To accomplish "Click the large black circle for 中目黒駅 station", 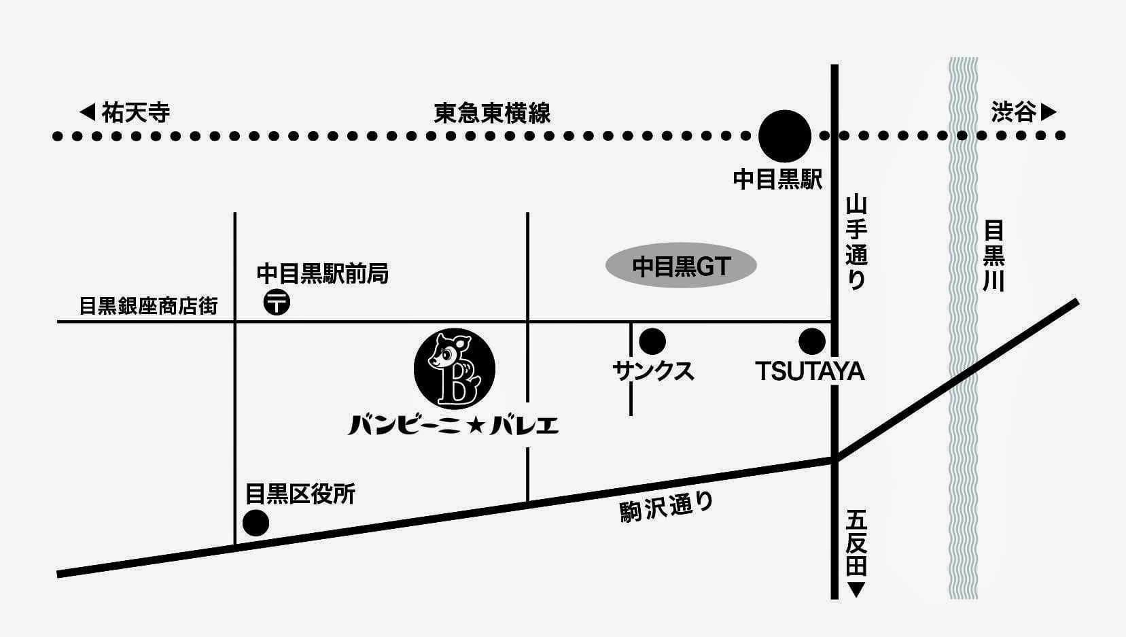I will (x=784, y=136).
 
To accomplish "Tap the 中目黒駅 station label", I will (x=777, y=179).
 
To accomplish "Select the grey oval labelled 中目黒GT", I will (x=681, y=266).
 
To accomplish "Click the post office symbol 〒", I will (x=277, y=302).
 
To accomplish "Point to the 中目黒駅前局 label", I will (x=322, y=273).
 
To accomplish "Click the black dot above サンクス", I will (x=652, y=341).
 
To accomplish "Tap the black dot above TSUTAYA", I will (x=811, y=341).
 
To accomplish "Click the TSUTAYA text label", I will (x=809, y=371).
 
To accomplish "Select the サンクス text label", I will (x=653, y=371).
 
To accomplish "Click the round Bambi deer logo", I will (x=454, y=368).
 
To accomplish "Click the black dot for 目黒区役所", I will (x=256, y=523).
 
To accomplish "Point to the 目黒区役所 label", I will (x=300, y=494).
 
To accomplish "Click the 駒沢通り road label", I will (x=666, y=508).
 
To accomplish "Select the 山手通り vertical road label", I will (x=856, y=243).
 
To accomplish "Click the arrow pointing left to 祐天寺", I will (x=88, y=112).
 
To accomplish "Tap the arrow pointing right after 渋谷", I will (x=1049, y=112).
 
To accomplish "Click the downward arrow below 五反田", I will (x=856, y=589).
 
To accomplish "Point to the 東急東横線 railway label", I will (x=492, y=113).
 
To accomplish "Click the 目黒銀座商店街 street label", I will (x=148, y=306).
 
